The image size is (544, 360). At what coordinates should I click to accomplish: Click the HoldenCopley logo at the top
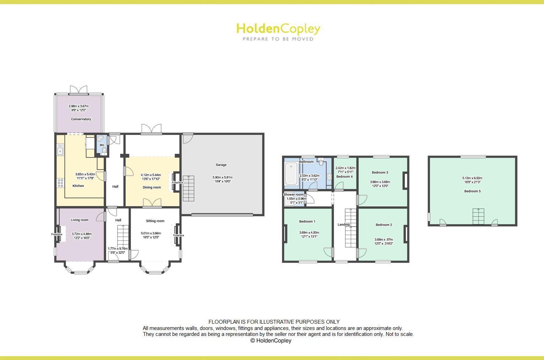tap(278, 31)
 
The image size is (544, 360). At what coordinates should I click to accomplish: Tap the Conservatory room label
tap(81, 119)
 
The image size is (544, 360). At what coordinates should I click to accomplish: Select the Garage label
tap(221, 165)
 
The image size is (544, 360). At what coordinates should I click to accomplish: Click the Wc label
tap(102, 145)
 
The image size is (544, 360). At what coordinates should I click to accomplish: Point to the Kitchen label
tap(78, 186)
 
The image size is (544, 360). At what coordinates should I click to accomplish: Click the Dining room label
tap(152, 188)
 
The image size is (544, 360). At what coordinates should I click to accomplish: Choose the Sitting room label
tap(155, 221)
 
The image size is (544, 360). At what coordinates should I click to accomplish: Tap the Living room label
tap(80, 220)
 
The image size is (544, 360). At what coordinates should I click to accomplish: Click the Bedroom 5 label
tap(472, 191)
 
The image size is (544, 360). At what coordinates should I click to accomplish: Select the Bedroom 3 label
tap(380, 172)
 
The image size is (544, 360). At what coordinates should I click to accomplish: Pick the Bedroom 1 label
tap(307, 221)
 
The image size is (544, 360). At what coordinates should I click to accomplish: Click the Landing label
tap(343, 225)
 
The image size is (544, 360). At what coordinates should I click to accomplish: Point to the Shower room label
tap(293, 194)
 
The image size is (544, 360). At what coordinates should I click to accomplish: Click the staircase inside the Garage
tap(188, 189)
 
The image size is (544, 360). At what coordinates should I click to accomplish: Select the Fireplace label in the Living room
tap(57, 234)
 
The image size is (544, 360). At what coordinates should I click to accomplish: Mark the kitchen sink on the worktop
tap(60, 151)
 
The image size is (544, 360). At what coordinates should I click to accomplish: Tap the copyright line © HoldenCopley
tap(271, 340)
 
